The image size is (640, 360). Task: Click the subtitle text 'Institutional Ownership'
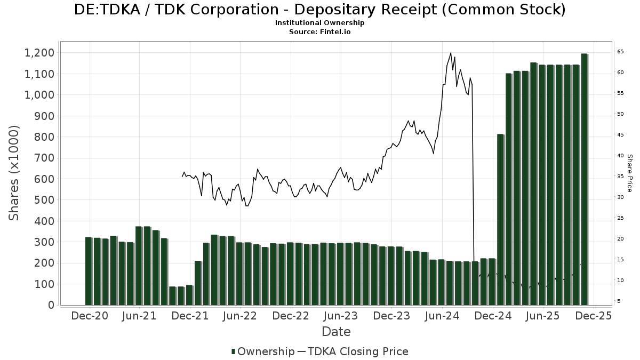click(x=319, y=23)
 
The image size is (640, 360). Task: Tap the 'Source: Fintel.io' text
click(x=319, y=31)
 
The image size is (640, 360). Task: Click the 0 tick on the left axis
click(x=51, y=305)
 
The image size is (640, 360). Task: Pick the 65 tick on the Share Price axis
click(x=621, y=52)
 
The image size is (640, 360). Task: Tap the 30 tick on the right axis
click(x=621, y=197)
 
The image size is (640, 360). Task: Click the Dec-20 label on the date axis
click(x=90, y=316)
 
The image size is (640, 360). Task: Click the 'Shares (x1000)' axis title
click(x=14, y=173)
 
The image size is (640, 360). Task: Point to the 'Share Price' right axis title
click(x=629, y=173)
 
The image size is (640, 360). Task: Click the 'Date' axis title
click(x=336, y=332)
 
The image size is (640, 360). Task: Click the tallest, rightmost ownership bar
click(x=585, y=179)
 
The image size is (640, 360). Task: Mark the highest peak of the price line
click(x=451, y=53)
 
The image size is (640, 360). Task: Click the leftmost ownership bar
click(x=89, y=271)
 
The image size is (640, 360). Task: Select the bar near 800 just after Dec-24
click(x=500, y=220)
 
